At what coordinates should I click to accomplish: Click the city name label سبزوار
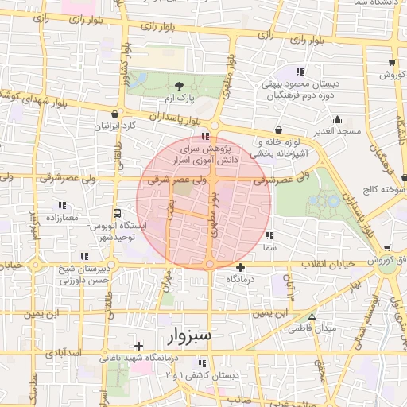point(190,335)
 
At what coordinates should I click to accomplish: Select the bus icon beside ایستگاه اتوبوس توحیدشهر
point(118,214)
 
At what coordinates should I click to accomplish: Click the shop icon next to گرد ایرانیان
point(117,114)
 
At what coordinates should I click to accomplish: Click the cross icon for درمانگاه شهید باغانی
point(139,346)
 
